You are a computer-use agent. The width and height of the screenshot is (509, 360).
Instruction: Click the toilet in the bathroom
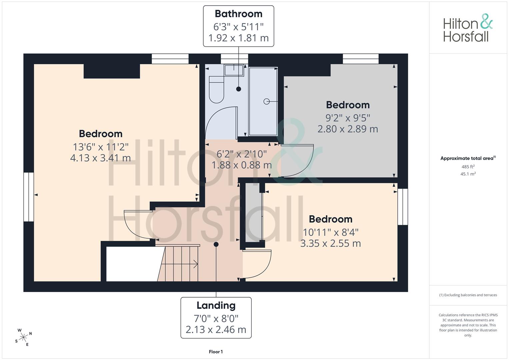(x=216, y=90)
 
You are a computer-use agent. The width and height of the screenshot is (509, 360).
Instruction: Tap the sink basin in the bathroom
(x=234, y=70)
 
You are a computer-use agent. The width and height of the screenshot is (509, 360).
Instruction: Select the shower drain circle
(x=267, y=101)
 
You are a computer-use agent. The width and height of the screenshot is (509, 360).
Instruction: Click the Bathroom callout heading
(x=239, y=14)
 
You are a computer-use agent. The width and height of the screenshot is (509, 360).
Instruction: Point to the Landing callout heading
(x=216, y=306)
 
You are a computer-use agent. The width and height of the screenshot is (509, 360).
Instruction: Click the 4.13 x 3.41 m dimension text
(x=100, y=158)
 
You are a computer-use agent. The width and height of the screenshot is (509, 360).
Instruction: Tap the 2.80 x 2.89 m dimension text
(x=348, y=129)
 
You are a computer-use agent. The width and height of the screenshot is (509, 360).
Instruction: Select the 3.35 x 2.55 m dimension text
(x=331, y=243)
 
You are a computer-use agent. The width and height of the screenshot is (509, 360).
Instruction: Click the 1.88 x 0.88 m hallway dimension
(x=242, y=165)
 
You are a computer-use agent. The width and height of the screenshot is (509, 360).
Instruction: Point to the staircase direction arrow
(x=180, y=264)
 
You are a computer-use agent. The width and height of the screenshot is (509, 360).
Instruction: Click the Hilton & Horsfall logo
(x=468, y=28)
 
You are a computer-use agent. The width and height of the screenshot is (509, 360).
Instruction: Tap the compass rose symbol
(x=23, y=337)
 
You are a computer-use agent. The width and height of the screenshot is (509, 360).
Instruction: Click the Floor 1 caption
(x=216, y=352)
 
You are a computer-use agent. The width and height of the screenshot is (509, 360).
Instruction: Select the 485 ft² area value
(x=468, y=167)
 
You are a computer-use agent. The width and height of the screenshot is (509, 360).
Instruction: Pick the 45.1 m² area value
(x=468, y=174)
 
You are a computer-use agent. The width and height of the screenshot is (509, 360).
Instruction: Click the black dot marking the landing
(x=216, y=244)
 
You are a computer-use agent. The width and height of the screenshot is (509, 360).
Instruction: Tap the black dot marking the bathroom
(x=239, y=89)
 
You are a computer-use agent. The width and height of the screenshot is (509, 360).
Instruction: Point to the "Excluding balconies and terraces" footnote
(x=468, y=295)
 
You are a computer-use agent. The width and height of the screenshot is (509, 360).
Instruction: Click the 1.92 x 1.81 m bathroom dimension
(x=239, y=38)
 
